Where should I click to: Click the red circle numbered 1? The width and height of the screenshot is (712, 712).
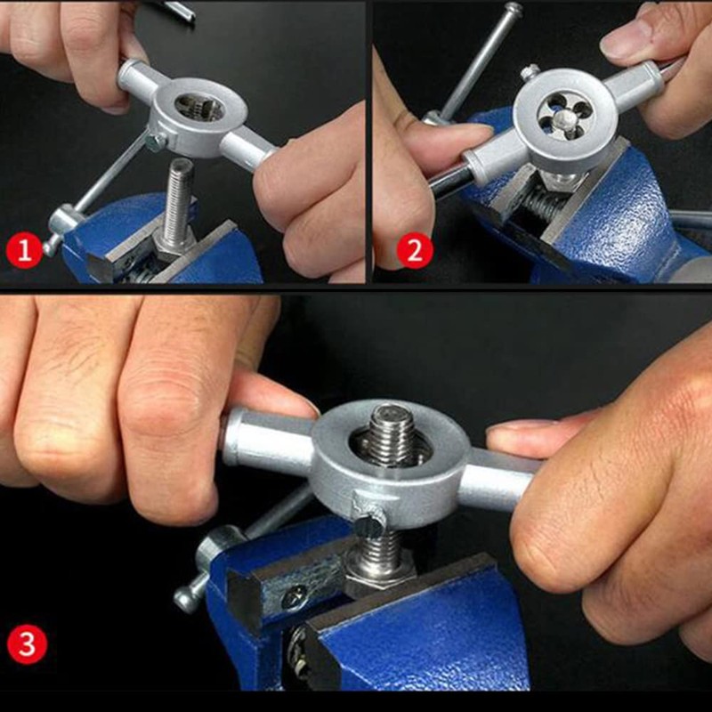[25, 250]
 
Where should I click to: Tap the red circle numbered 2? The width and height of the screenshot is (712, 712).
[415, 250]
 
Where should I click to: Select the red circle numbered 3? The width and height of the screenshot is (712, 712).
[28, 645]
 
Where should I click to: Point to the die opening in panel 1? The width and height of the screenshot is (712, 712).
[198, 108]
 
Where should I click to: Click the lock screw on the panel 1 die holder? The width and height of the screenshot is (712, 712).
[155, 142]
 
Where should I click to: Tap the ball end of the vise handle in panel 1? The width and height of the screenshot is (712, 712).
[51, 246]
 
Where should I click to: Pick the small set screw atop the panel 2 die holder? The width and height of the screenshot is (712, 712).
[530, 72]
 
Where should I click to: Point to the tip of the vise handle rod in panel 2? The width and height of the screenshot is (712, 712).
[514, 8]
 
